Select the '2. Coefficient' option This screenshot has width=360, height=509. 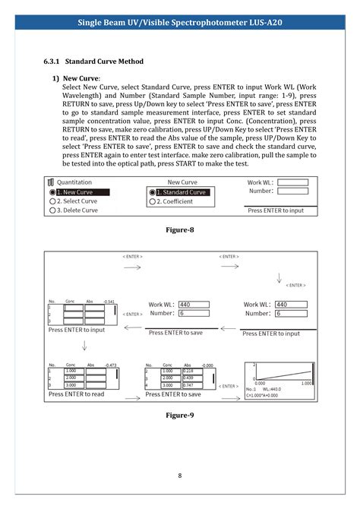coord(174,201)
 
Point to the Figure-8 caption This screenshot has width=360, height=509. coord(180,229)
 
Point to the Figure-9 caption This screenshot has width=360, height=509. coord(180,416)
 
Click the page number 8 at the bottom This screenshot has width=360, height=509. coord(180,476)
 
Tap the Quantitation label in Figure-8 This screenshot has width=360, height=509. coord(74,182)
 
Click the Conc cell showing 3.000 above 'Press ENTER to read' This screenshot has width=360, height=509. coord(73,385)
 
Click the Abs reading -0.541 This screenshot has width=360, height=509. coord(109,302)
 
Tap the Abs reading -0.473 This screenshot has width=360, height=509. coord(109,365)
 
